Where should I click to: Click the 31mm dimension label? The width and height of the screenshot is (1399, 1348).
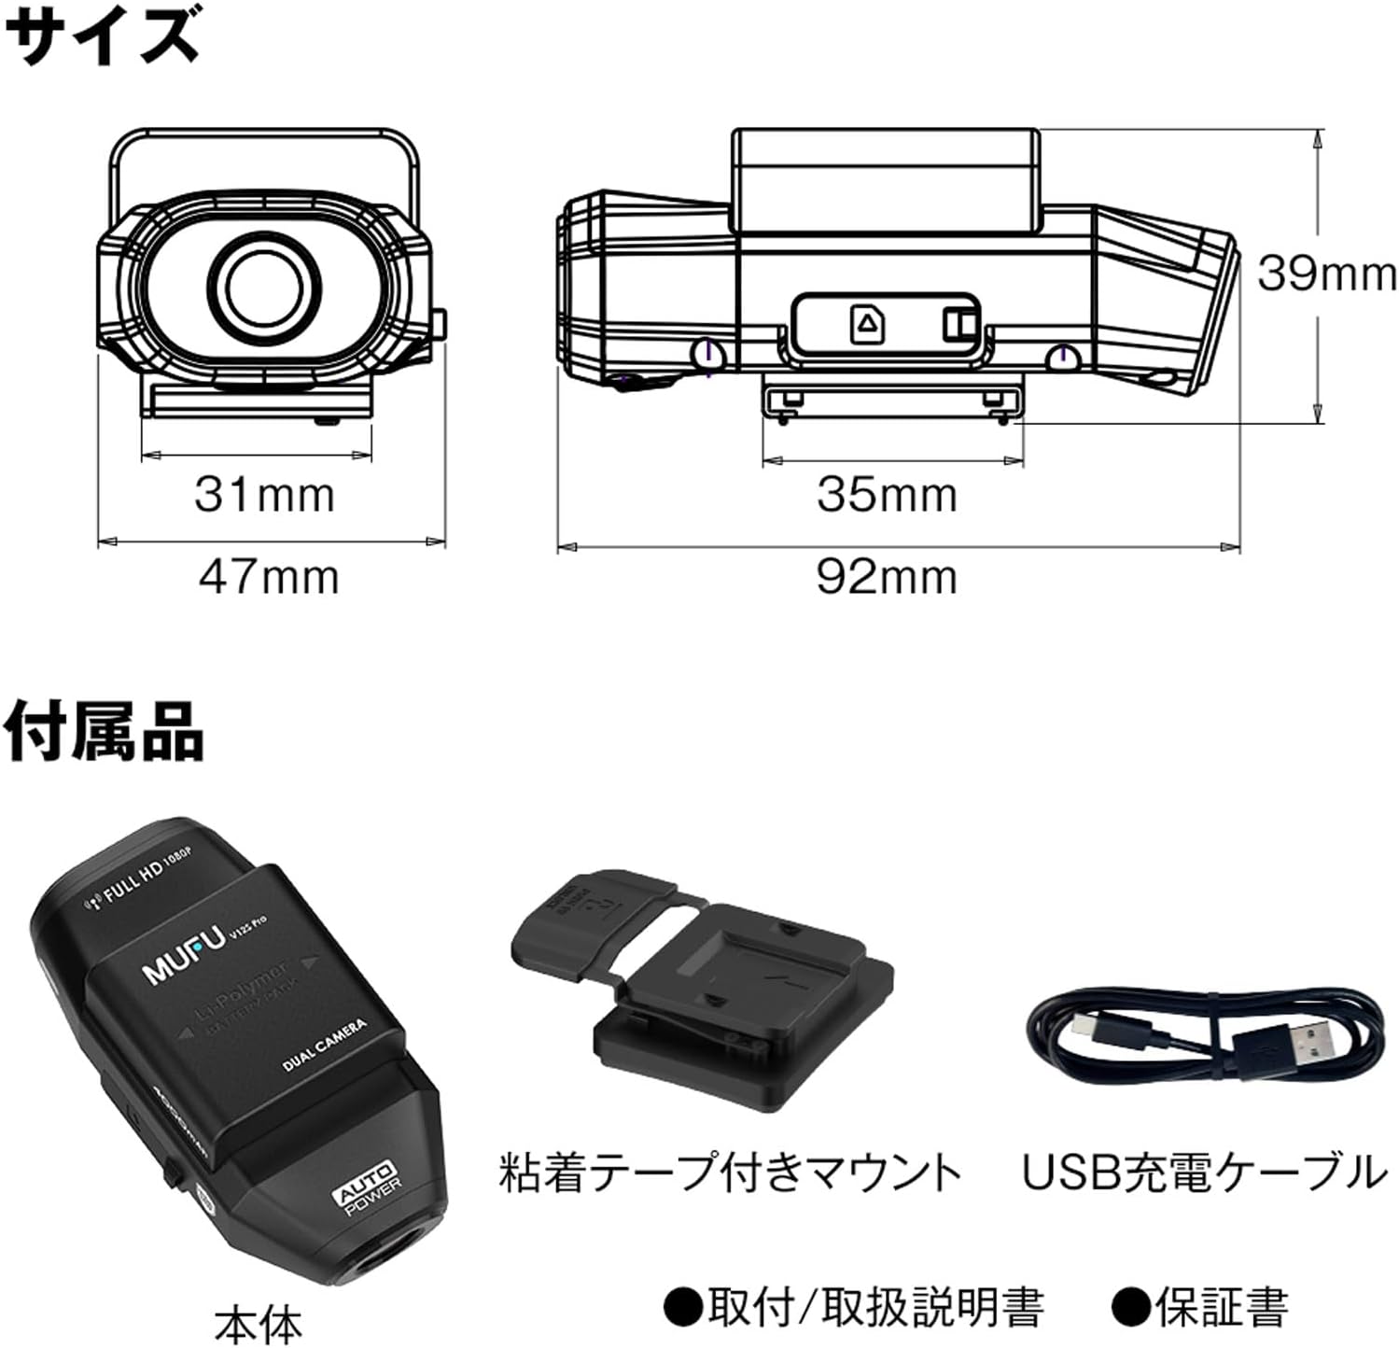pos(264,494)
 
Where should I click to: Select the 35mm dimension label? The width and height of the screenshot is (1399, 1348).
pos(887,494)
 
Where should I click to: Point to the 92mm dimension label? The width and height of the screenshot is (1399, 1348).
pos(887,576)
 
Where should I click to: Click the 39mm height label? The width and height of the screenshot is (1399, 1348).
pos(1326,274)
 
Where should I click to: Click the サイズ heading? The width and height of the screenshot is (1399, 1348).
pos(101,35)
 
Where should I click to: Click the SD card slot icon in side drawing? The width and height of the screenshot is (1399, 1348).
pos(867,324)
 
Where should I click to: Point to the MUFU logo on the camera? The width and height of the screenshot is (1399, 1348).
pos(183,956)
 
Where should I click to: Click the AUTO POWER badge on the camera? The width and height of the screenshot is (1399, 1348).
pos(369,1187)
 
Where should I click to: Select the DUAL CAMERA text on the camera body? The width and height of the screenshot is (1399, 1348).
pos(324,1045)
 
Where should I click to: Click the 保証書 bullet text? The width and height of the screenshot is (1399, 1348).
pos(1204,1306)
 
